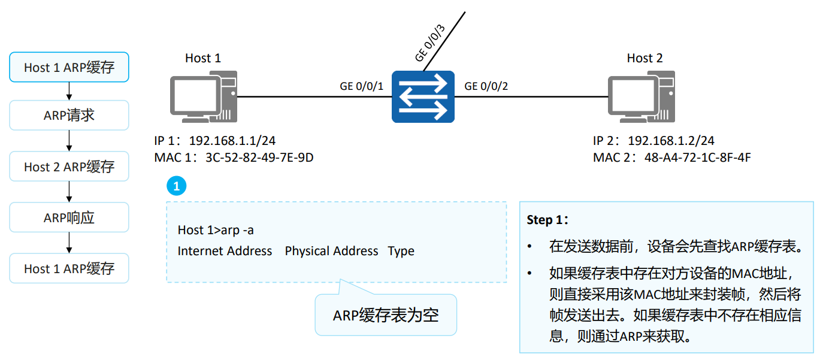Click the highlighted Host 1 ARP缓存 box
pos(69,67)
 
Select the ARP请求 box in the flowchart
pos(69,115)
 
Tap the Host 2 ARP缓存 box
pos(69,167)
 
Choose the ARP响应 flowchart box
pos(69,217)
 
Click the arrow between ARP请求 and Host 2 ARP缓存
pos(69,141)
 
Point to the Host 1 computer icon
pos(202,96)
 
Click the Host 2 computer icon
pos(641,96)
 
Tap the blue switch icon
pos(423,96)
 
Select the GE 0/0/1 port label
pos(361,86)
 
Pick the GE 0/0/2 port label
pos(486,86)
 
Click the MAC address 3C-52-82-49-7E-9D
pos(259,158)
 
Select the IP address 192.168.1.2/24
pos(671,141)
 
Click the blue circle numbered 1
pos(176,186)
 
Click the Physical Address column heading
pos(331,251)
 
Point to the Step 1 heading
pos(546,220)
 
